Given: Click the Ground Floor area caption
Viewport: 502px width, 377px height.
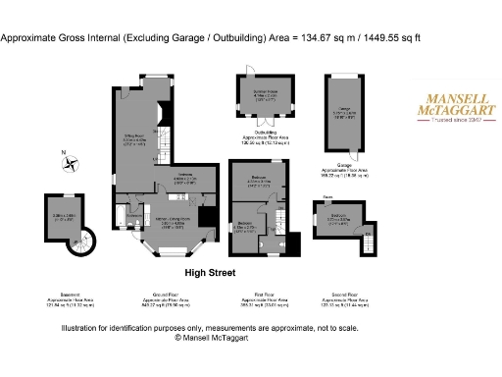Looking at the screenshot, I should point(161,301).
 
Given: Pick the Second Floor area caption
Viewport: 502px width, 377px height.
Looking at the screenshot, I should point(346,301).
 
